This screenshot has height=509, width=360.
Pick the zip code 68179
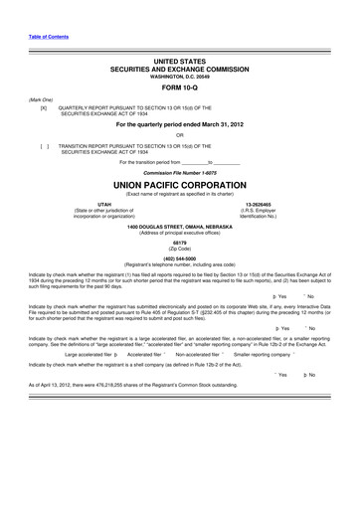(180, 243)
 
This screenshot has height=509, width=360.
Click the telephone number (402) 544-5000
(180, 256)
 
